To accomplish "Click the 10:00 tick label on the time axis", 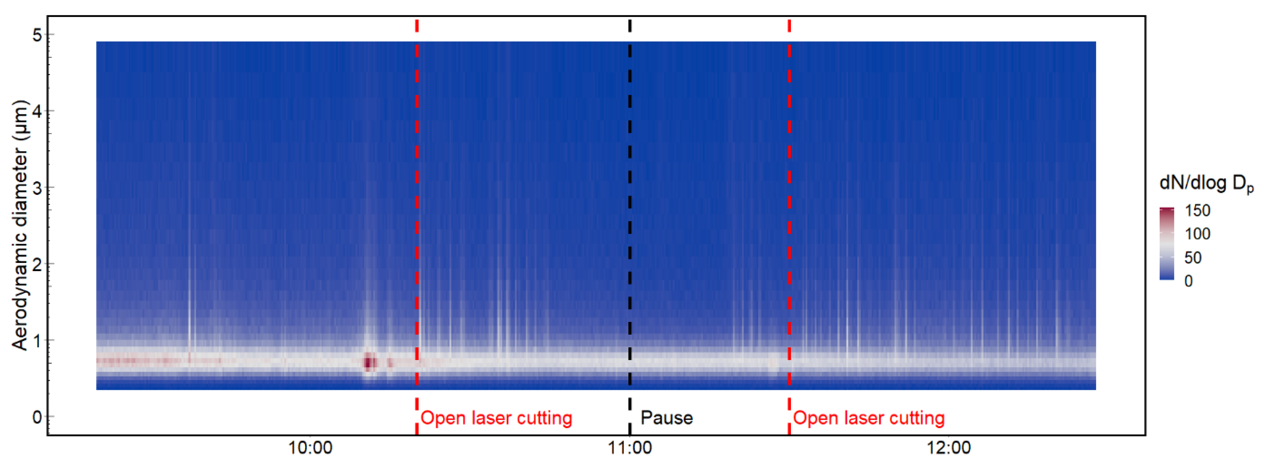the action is tap(310, 448).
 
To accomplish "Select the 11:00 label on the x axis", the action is tap(629, 448).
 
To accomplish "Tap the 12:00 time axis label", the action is tap(949, 448).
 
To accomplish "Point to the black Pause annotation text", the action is tap(667, 418).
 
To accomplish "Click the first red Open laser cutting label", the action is tap(496, 418).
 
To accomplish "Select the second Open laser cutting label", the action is tap(869, 418).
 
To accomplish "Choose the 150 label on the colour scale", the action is tap(1197, 211).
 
